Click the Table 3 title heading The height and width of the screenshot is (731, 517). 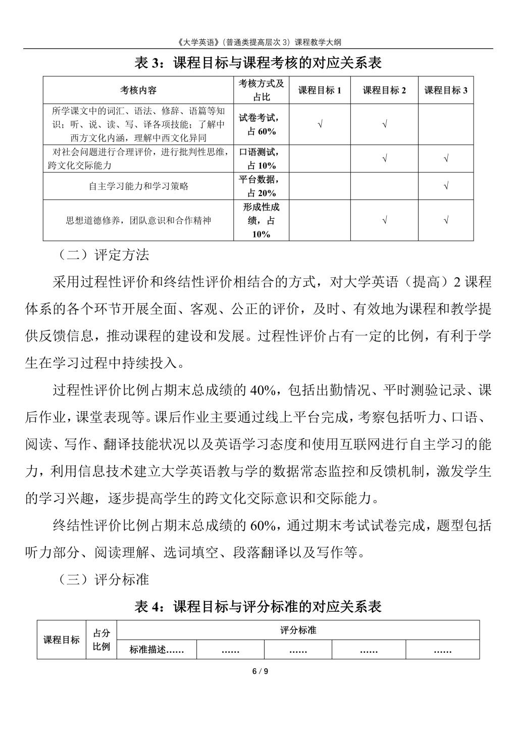click(x=258, y=63)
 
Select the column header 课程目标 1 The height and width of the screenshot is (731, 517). click(x=320, y=90)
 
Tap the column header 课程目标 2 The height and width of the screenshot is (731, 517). click(x=384, y=90)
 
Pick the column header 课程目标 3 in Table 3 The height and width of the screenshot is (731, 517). click(x=446, y=90)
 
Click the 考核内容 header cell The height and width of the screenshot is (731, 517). click(x=138, y=90)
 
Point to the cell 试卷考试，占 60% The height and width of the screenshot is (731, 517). click(x=262, y=124)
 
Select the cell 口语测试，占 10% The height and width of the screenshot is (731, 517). click(x=262, y=159)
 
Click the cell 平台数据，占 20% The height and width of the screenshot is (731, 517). click(x=262, y=186)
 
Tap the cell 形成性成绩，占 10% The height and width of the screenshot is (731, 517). click(x=262, y=220)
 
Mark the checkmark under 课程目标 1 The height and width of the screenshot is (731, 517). click(x=320, y=124)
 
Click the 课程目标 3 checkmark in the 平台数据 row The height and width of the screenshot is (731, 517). click(x=446, y=186)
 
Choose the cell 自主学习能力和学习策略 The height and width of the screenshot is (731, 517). click(x=138, y=186)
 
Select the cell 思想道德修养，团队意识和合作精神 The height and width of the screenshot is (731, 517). click(x=138, y=220)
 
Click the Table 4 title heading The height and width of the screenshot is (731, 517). click(x=258, y=606)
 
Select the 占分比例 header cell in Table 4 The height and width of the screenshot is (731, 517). click(x=101, y=640)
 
